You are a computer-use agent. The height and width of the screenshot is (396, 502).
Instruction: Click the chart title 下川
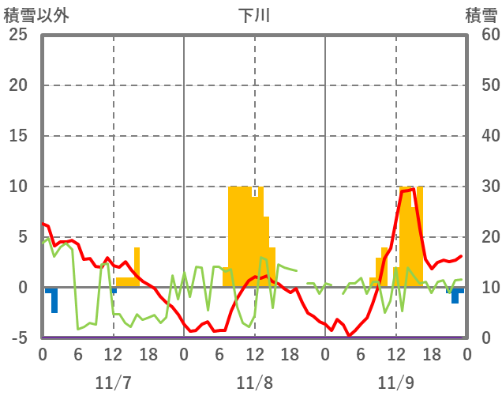[253, 15]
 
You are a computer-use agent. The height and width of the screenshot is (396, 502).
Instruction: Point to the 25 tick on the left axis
[18, 35]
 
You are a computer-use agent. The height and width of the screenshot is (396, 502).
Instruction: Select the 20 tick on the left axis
[18, 85]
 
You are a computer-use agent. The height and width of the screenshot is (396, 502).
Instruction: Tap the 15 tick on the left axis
[18, 136]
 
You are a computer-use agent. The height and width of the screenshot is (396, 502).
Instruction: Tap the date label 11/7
[113, 383]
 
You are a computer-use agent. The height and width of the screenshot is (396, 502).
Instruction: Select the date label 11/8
[254, 383]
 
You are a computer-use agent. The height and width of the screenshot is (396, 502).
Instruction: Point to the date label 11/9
[395, 383]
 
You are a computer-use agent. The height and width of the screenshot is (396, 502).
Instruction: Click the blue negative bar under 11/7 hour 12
[114, 291]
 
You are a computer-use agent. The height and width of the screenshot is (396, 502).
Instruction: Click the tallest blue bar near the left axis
[54, 300]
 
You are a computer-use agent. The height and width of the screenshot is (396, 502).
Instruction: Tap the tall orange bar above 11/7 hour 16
[137, 267]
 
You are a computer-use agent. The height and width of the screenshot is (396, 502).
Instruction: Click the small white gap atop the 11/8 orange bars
[254, 191]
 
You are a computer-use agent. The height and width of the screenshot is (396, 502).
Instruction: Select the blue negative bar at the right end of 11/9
[455, 296]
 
